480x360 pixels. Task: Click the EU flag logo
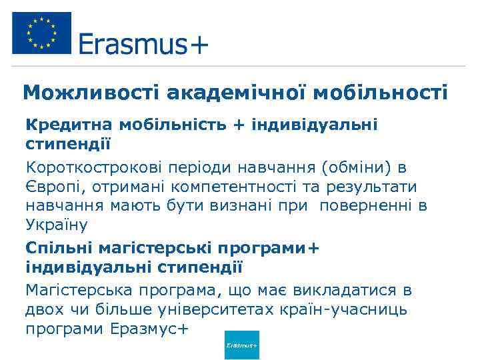tap(41, 33)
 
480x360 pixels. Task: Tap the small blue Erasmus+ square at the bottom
tap(242, 345)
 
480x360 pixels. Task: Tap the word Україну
tap(56, 225)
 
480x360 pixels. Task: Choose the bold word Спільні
tap(58, 248)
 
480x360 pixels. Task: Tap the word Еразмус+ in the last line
tap(151, 329)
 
